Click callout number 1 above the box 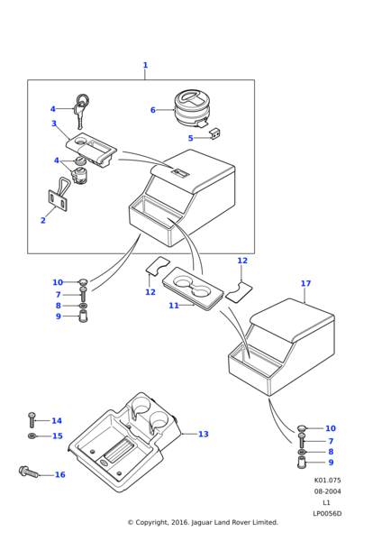(145, 65)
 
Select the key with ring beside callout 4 (81, 110)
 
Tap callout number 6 (153, 110)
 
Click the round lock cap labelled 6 (191, 107)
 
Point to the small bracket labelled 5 (215, 133)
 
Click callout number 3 (54, 124)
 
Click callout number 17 (305, 283)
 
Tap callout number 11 (174, 306)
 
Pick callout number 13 (204, 434)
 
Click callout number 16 (60, 474)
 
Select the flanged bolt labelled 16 (29, 472)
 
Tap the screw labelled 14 (32, 420)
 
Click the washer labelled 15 (32, 436)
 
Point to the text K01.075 (327, 481)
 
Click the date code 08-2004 (327, 491)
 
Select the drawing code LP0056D (327, 514)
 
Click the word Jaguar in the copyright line (202, 523)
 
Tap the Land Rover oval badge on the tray (105, 463)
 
